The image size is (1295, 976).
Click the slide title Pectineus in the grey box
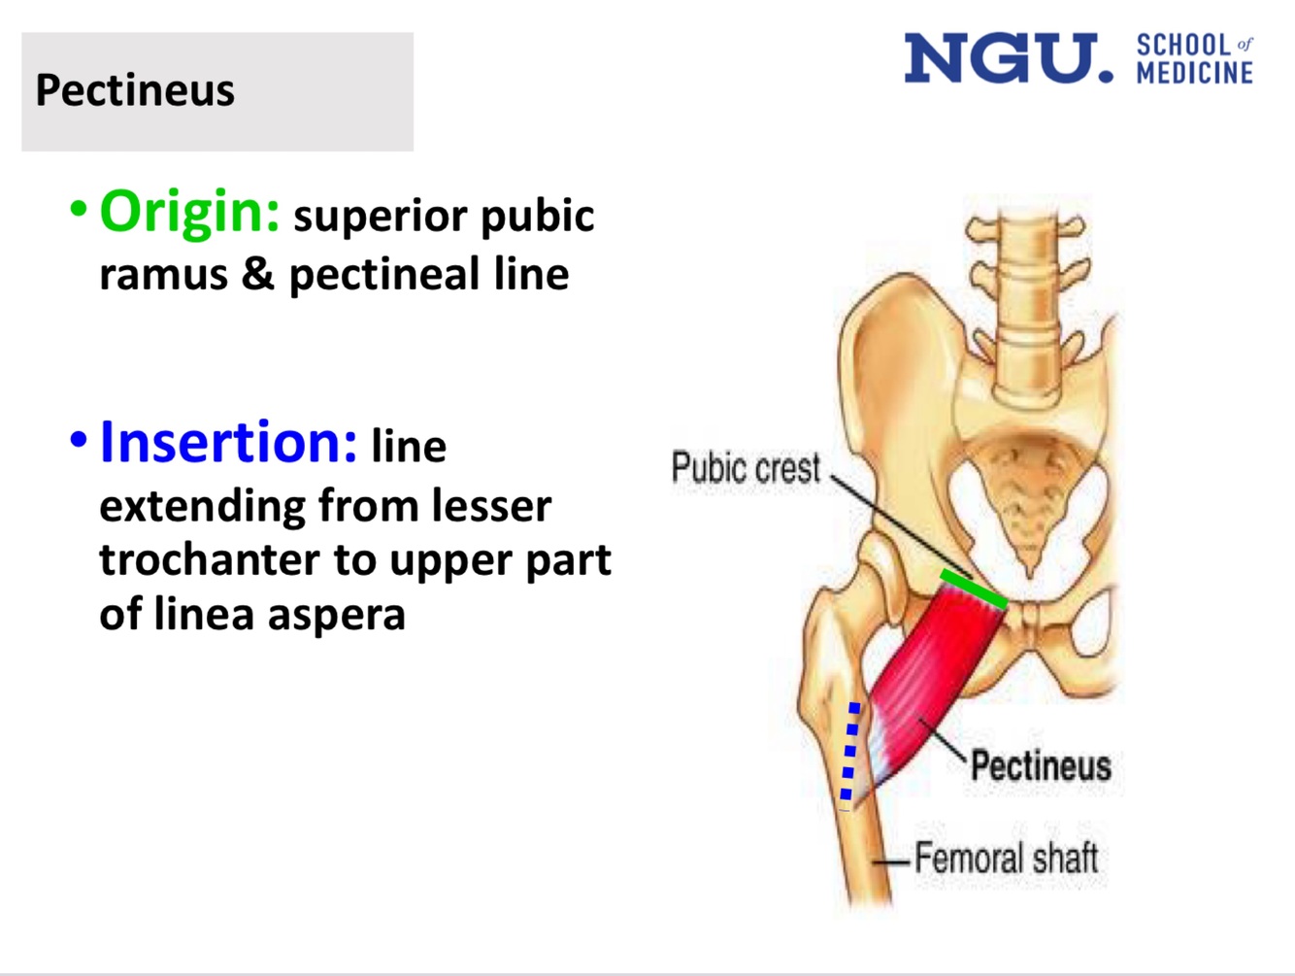click(135, 90)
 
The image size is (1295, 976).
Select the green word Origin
click(189, 212)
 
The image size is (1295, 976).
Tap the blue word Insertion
click(228, 443)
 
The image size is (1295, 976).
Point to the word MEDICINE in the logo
click(1194, 74)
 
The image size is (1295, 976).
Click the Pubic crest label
click(746, 468)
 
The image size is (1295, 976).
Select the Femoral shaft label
click(1006, 858)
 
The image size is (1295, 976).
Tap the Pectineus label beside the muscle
click(1041, 765)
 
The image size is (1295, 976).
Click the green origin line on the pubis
click(974, 590)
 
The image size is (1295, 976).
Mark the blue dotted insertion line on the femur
click(850, 754)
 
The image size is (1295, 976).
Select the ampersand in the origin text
click(257, 275)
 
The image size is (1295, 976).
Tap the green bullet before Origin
click(79, 210)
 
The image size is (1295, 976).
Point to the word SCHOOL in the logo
click(1182, 46)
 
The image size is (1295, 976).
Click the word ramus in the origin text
click(163, 275)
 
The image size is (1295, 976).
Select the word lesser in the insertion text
click(491, 506)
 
